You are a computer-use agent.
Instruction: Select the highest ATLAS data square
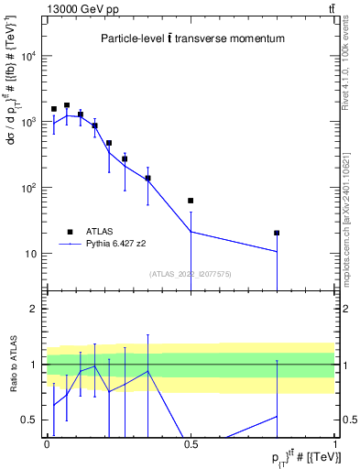[67, 105]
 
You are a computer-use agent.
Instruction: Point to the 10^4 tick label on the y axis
[27, 56]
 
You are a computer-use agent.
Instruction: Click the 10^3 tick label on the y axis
[27, 122]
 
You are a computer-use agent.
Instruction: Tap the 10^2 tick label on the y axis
[27, 188]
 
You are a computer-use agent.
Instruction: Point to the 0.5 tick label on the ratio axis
[31, 420]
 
